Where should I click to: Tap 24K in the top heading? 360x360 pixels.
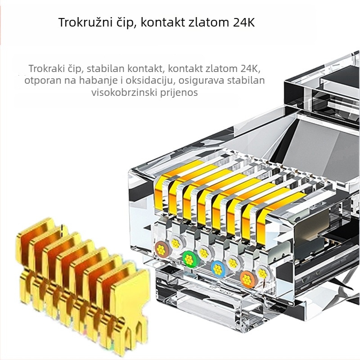[x=244, y=22]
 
